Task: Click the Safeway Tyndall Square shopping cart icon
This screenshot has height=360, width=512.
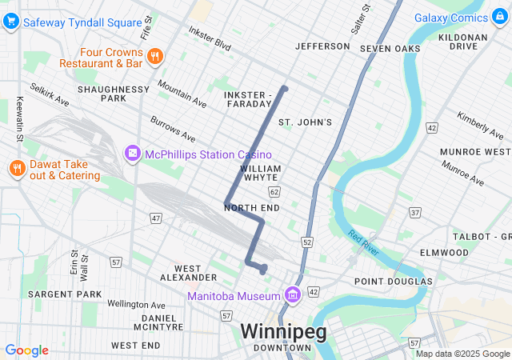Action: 10,22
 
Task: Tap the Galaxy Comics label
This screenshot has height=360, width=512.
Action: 462,18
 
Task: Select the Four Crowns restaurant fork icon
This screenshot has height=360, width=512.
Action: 154,56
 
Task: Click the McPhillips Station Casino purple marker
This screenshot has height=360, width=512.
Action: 131,153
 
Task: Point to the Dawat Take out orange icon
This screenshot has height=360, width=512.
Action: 15,168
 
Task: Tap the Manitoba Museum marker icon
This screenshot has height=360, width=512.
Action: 291,296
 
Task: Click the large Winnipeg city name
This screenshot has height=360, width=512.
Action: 283,331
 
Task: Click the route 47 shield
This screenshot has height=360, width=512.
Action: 156,218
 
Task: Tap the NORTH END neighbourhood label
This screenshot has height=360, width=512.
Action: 252,208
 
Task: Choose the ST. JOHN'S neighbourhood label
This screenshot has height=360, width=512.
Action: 304,122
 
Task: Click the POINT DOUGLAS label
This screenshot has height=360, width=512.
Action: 393,281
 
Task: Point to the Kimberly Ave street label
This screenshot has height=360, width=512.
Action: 479,123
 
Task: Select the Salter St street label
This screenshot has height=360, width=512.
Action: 362,19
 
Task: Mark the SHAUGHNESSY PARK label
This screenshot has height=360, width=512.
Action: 114,94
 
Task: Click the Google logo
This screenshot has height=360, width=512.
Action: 26,350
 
